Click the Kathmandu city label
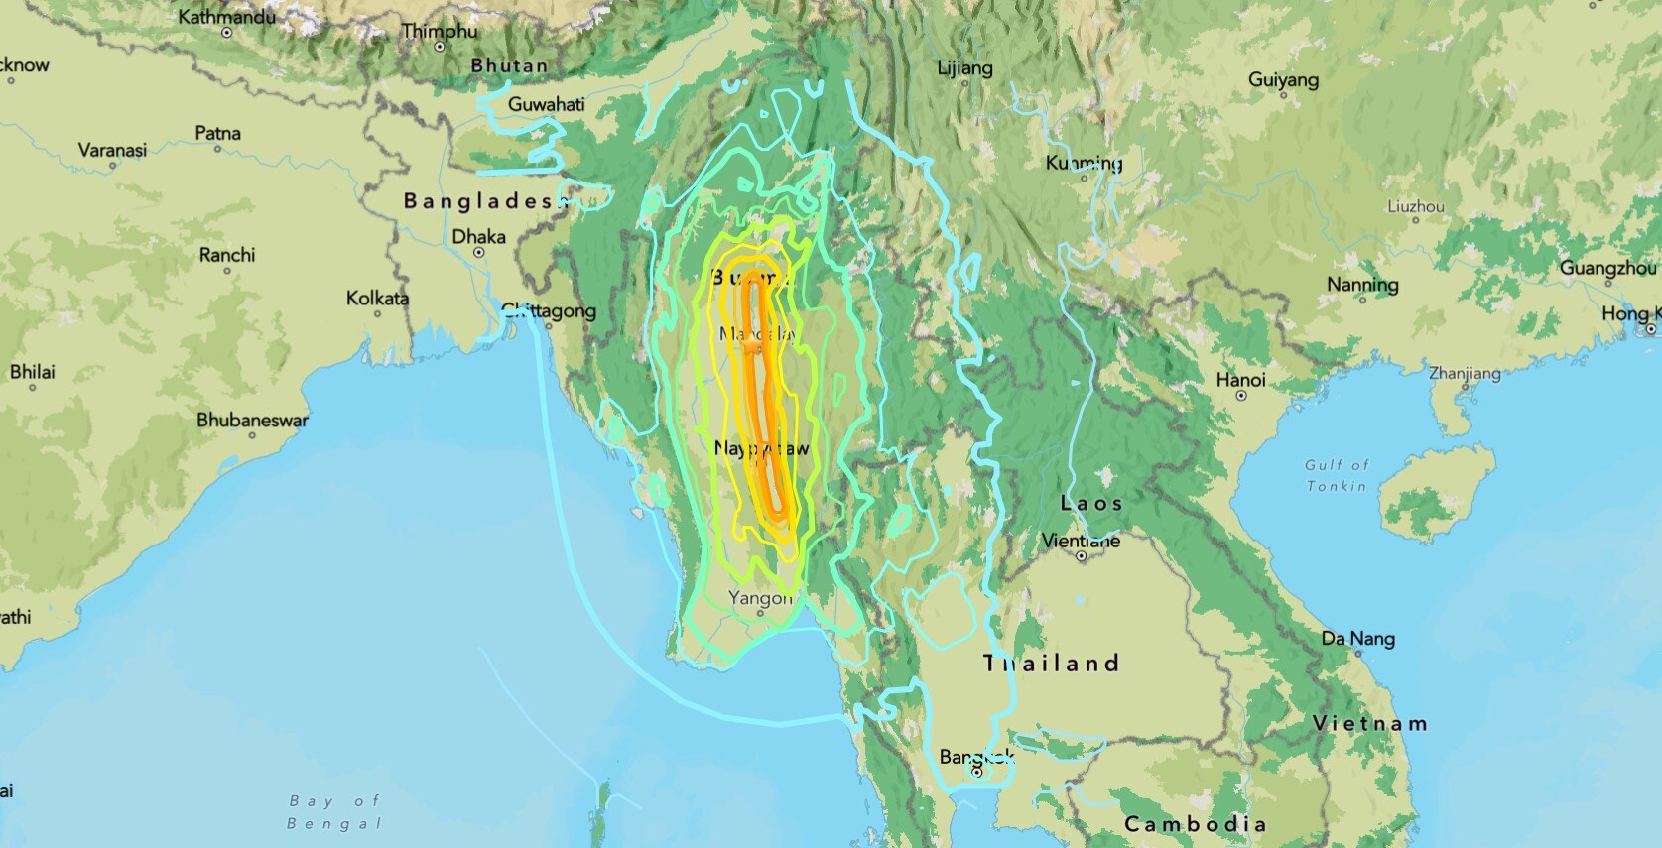(227, 16)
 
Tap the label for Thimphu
(440, 31)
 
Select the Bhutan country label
(509, 65)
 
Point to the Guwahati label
(546, 104)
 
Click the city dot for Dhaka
(479, 252)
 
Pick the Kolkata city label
(377, 298)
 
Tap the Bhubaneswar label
(252, 420)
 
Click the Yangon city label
(760, 597)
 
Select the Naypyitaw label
(761, 449)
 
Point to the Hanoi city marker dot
(1241, 395)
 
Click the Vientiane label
(1081, 541)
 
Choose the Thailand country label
(1051, 664)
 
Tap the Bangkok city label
(976, 757)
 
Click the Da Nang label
(1357, 639)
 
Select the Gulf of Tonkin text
(1337, 475)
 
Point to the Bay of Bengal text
(334, 812)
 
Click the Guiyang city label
(1283, 79)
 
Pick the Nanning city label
(1362, 285)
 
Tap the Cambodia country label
(1195, 824)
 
